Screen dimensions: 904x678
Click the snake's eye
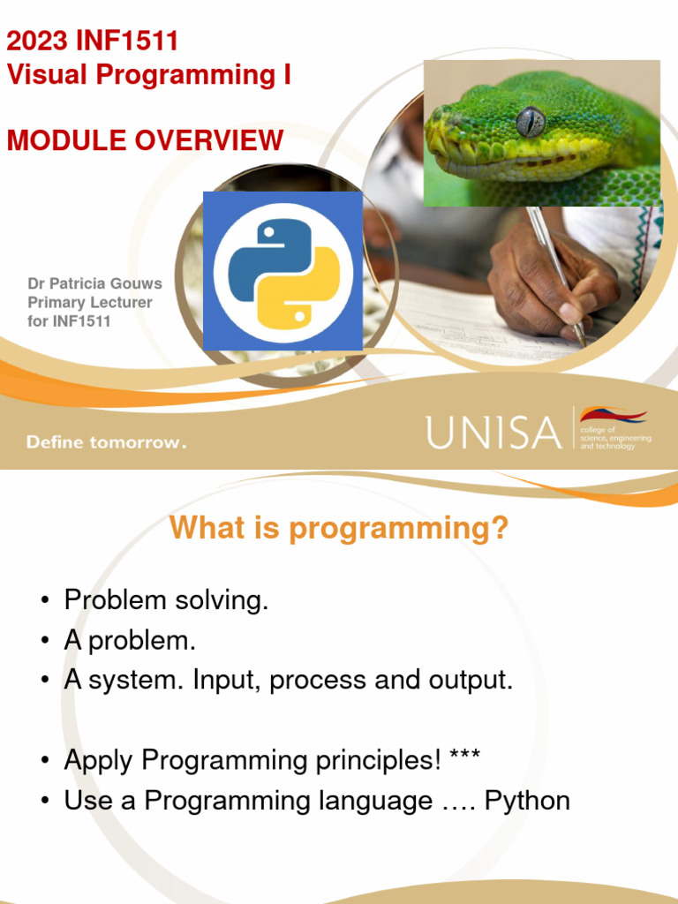click(x=531, y=120)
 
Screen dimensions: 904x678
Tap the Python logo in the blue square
click(x=282, y=271)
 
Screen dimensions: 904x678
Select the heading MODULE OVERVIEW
click(x=146, y=140)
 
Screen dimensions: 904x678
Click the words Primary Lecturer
click(x=90, y=303)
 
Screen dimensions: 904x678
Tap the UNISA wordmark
click(x=493, y=433)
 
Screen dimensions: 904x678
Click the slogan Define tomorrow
click(x=106, y=442)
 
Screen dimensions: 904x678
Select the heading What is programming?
click(x=339, y=528)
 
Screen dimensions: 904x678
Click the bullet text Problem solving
click(x=166, y=600)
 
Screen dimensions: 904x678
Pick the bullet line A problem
click(x=130, y=641)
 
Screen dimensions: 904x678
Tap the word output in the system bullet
click(x=470, y=681)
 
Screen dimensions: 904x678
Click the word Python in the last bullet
click(x=527, y=801)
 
